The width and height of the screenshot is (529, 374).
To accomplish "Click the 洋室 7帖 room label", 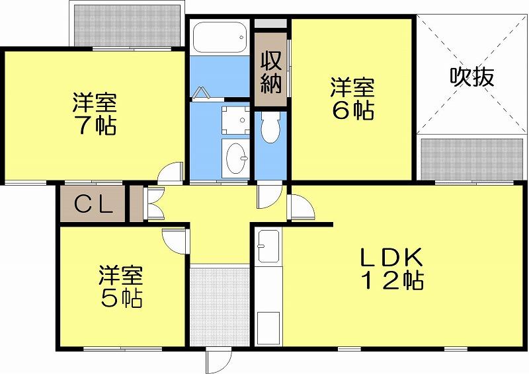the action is click(95, 114).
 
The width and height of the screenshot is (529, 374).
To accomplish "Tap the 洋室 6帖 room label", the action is click(352, 98).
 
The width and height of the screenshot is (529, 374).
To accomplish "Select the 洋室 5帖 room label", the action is click(121, 287).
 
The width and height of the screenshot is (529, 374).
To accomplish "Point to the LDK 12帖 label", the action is click(392, 269).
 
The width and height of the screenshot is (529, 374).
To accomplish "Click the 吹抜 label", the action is click(472, 77).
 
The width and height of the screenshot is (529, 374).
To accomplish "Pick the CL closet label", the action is click(93, 204).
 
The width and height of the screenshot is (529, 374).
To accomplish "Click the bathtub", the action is click(220, 37).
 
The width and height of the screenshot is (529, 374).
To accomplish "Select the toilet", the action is click(270, 127).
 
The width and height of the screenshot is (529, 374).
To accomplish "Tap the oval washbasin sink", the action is click(237, 158).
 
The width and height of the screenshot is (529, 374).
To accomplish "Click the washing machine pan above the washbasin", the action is click(235, 120).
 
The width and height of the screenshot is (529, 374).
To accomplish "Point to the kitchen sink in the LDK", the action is click(268, 246).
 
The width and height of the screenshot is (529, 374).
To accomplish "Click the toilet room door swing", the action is click(269, 195).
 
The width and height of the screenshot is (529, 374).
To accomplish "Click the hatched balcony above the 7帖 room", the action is click(128, 26).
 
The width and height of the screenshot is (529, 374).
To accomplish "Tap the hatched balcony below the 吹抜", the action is click(472, 159).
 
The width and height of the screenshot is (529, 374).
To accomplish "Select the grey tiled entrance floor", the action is click(220, 307).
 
